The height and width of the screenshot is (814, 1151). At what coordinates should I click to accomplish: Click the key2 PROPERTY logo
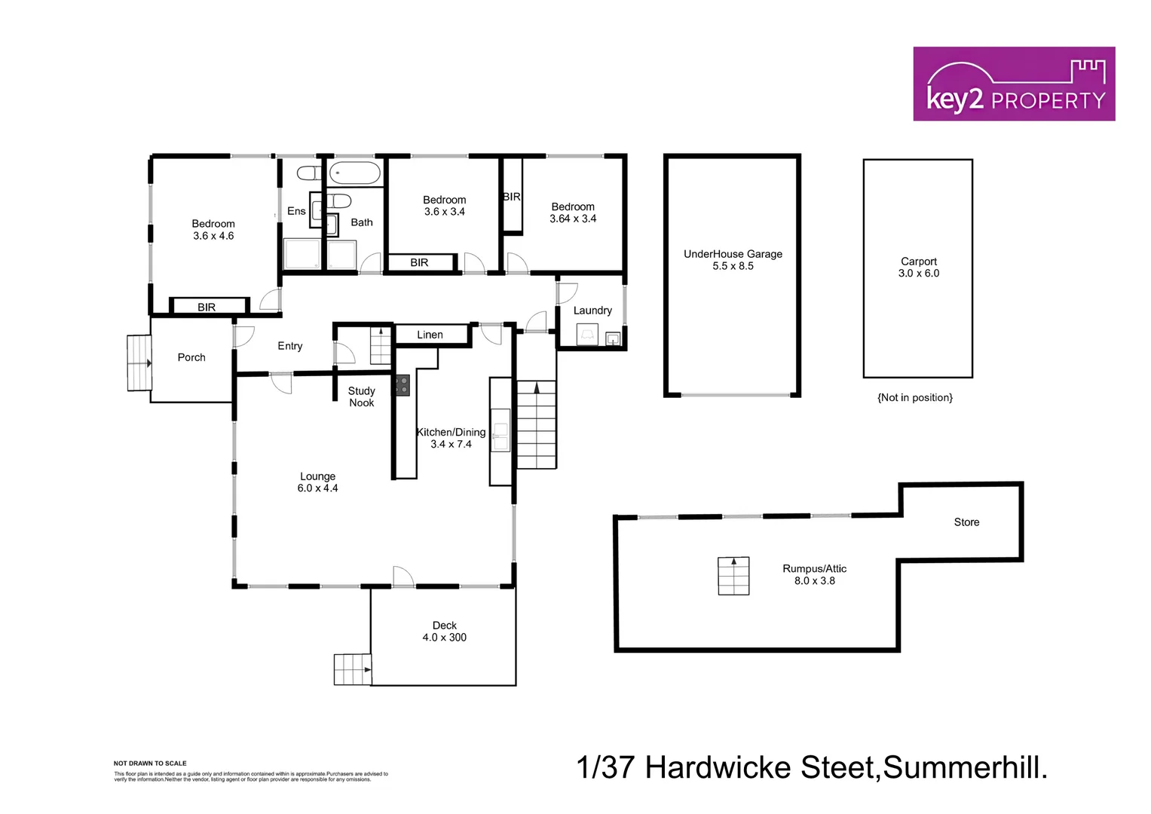coord(1014,84)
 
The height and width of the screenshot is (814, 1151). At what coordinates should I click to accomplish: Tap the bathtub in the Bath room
coord(354,173)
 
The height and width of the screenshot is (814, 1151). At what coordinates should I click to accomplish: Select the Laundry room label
coord(592,311)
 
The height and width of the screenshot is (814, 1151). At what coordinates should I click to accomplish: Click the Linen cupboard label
coord(430,335)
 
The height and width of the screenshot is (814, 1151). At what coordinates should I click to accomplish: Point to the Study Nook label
coord(361,396)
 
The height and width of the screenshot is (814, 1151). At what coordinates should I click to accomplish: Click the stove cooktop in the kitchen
coord(401,386)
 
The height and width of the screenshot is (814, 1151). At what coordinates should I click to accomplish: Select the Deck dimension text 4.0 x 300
coord(444,638)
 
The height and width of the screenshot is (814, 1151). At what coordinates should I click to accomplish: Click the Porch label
coord(191,357)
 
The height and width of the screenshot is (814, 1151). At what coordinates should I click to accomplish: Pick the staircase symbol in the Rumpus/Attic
coord(733,576)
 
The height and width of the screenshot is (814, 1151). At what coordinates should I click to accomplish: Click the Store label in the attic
coord(966,522)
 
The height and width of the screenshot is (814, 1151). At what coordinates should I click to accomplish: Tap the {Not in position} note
coord(914,397)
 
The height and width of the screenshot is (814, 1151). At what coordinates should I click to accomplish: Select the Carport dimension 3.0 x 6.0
coord(918,274)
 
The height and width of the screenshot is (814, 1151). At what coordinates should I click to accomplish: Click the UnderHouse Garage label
coord(733,254)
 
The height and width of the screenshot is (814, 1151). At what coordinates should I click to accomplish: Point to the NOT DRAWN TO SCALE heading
coord(150,764)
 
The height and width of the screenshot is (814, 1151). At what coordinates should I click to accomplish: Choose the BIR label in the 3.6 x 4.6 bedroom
coord(207,307)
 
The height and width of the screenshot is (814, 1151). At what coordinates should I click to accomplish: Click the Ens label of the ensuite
coord(296,211)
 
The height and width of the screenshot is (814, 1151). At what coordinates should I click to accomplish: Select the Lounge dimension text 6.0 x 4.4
coord(317,488)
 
